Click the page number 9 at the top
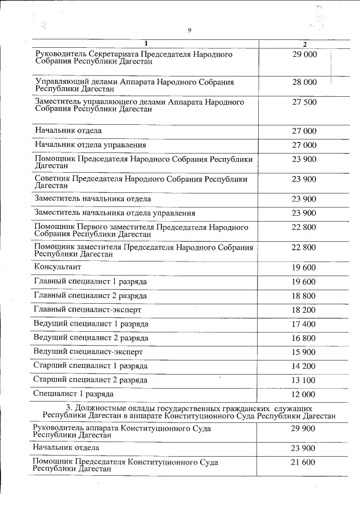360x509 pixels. [x=190, y=30]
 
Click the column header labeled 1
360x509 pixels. [x=146, y=44]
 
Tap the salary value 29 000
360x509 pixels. [x=304, y=55]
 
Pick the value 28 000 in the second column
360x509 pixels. [x=304, y=82]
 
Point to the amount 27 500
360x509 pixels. [x=304, y=102]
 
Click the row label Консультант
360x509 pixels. [x=58, y=267]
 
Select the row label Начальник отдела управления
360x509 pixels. [x=90, y=145]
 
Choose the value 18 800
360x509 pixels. [x=304, y=296]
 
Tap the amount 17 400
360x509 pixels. [x=304, y=324]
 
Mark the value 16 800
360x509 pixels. [x=304, y=338]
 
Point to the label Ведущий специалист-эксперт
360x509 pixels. [x=88, y=352]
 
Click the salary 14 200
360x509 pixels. [x=304, y=366]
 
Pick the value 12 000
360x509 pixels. [x=304, y=394]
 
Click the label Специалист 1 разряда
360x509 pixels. [x=73, y=394]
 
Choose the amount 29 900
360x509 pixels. [x=304, y=429]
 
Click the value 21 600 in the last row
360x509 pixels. [x=304, y=462]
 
